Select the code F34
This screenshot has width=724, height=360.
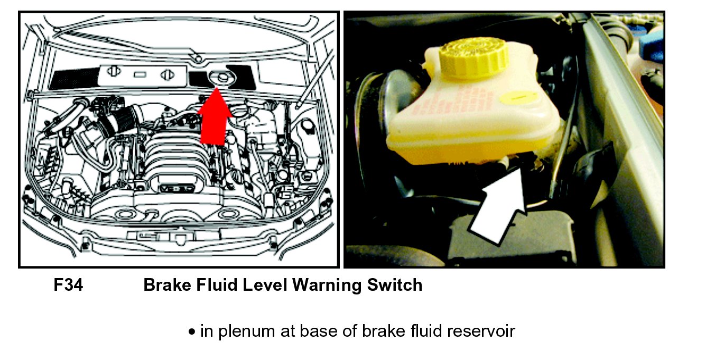coord(68,285)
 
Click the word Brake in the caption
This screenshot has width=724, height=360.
coord(167,285)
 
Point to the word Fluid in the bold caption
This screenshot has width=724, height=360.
coord(217,285)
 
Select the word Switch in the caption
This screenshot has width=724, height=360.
coord(395,285)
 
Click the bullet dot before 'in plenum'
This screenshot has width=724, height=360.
coord(192,332)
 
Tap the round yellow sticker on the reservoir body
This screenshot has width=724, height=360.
coord(518,97)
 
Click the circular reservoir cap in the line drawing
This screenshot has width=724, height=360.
coord(222,78)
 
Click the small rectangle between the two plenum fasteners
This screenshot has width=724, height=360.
coord(140,75)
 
